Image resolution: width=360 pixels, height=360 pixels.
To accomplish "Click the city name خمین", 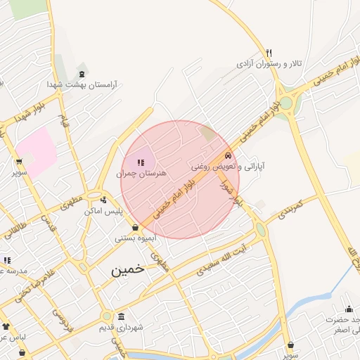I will click(x=127, y=269).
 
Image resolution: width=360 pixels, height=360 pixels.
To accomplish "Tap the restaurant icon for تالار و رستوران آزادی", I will click(x=268, y=53).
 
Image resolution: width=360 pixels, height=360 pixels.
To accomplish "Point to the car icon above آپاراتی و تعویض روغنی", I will click(x=227, y=155).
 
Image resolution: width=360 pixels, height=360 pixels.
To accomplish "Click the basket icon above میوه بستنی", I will click(x=135, y=228).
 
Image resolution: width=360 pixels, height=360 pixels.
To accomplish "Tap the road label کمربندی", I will click(x=289, y=207).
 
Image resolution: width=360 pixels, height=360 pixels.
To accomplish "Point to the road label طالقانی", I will click(x=15, y=228).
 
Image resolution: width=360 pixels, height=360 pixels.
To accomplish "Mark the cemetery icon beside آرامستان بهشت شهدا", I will click(x=82, y=73).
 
